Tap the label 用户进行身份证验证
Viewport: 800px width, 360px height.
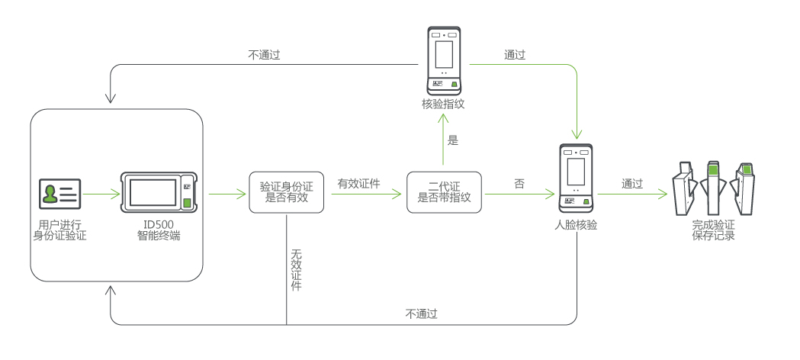pyautogui.click(x=59, y=230)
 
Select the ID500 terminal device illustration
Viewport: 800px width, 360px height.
pyautogui.click(x=159, y=191)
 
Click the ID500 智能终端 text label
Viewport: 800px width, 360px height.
pyautogui.click(x=159, y=230)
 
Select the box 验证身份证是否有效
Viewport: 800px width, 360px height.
pyautogui.click(x=287, y=191)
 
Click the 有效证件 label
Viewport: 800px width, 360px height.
pyautogui.click(x=359, y=184)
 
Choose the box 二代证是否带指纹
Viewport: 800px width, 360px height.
pyautogui.click(x=445, y=191)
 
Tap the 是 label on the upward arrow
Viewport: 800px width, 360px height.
pyautogui.click(x=453, y=140)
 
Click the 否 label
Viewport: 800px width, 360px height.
pyautogui.click(x=519, y=184)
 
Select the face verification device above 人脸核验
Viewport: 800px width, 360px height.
pyautogui.click(x=575, y=178)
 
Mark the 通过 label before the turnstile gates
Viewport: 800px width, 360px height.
pyautogui.click(x=632, y=184)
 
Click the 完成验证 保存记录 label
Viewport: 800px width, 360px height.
pyautogui.click(x=713, y=230)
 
